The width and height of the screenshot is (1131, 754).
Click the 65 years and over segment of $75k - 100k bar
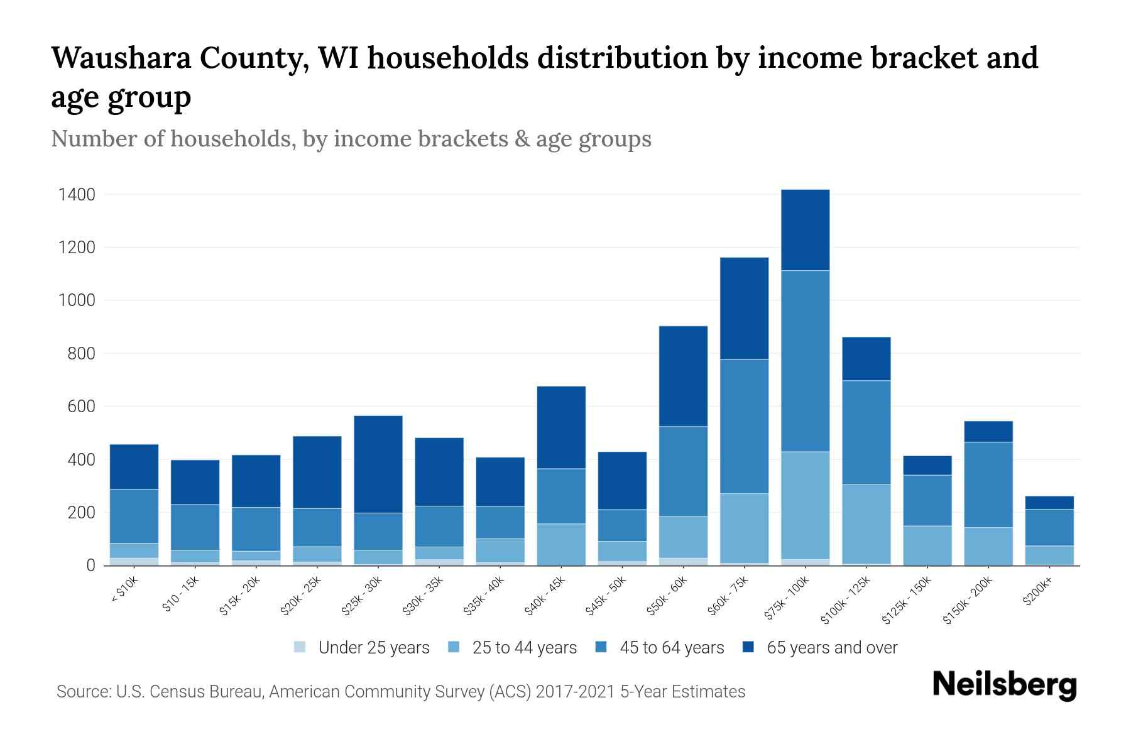click(x=805, y=230)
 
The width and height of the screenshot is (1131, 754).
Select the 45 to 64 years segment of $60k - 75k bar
click(x=744, y=426)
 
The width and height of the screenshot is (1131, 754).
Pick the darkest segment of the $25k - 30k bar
click(x=378, y=464)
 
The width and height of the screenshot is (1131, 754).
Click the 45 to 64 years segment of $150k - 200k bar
click(x=988, y=484)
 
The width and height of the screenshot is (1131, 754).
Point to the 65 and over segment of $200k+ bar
click(x=1049, y=503)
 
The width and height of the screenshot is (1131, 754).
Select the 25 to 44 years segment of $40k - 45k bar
click(x=561, y=544)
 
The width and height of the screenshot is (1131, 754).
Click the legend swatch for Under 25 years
click(x=300, y=647)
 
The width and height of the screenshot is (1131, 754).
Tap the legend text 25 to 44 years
click(x=524, y=648)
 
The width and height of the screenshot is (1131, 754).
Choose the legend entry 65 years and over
click(x=832, y=648)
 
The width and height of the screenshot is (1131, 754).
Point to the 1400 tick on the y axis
click(x=77, y=195)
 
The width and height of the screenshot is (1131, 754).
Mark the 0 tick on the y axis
click(x=90, y=565)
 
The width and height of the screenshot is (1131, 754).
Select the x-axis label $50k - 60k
click(x=668, y=596)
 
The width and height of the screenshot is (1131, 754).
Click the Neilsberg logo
click(x=1004, y=686)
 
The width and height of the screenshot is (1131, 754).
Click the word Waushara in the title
click(x=118, y=58)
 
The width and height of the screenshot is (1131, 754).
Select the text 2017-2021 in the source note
click(x=575, y=692)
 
